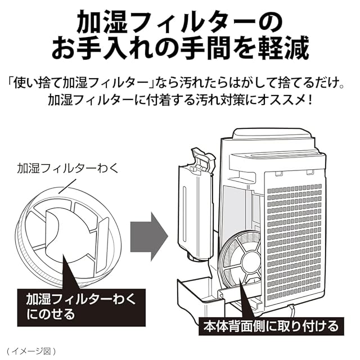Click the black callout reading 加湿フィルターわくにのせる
pyautogui.click(x=80, y=305)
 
